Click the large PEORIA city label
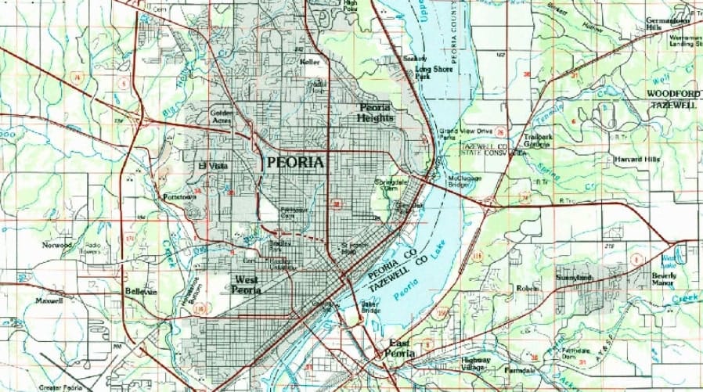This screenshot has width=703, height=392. click(x=294, y=162)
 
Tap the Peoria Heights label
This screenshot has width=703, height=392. click(x=377, y=113)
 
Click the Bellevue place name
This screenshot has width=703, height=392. click(x=141, y=292)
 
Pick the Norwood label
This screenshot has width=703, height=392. click(x=59, y=245)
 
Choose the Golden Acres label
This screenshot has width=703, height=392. click(x=223, y=117)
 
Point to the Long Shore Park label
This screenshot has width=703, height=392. click(x=434, y=73)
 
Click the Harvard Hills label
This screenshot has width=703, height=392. click(x=637, y=159)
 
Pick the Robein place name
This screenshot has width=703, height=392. click(x=528, y=288)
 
